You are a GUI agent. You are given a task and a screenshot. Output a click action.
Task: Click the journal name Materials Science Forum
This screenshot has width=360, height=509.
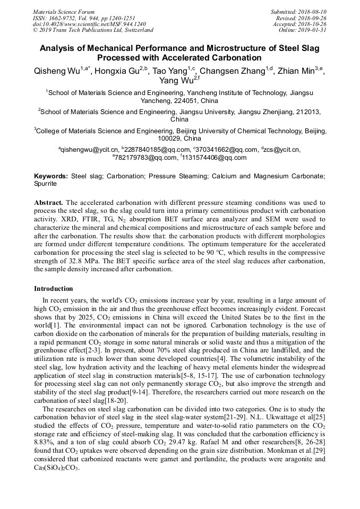(64, 11)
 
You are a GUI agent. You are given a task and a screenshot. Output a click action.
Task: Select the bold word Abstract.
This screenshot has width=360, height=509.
(49, 203)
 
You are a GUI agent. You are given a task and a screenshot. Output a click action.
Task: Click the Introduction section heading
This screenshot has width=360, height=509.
(53, 289)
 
